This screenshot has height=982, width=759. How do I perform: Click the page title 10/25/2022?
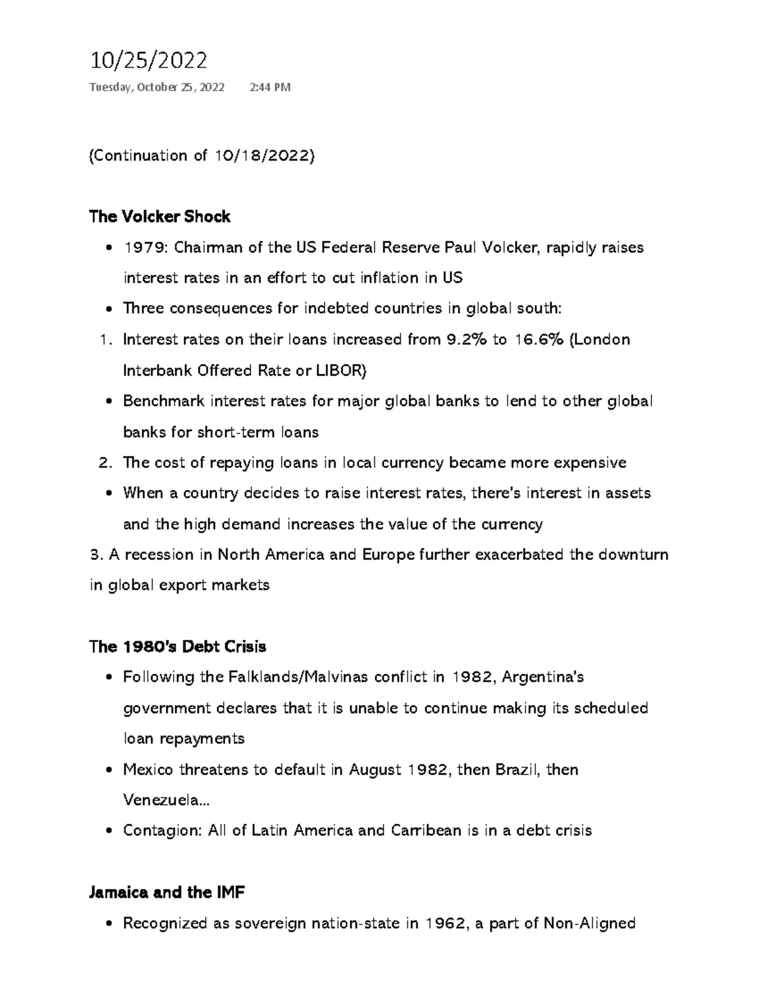point(149,61)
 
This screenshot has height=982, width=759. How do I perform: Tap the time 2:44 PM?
point(270,87)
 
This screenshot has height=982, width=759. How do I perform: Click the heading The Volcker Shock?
point(159,217)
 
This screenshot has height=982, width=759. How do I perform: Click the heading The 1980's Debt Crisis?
point(178,646)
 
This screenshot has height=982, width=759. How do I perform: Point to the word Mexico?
point(149,770)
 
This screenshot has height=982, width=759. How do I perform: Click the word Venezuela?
point(163,801)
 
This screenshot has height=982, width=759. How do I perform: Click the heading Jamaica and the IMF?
point(167,892)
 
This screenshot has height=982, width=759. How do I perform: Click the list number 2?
point(105,463)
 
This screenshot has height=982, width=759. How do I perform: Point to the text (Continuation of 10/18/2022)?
point(202,156)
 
